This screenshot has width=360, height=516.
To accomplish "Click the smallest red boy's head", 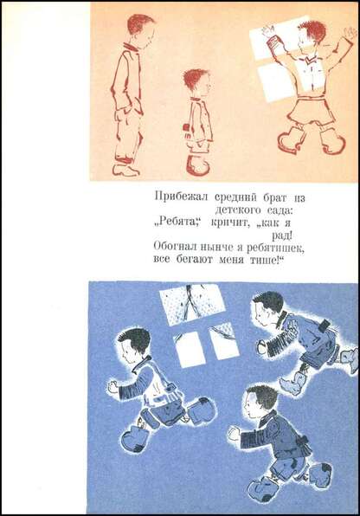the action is click(x=196, y=83).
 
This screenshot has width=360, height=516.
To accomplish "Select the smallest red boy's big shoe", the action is click(x=198, y=164).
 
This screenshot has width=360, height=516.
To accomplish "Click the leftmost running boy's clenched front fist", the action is click(x=112, y=386).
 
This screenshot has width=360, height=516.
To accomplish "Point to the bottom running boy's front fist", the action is click(x=234, y=433).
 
